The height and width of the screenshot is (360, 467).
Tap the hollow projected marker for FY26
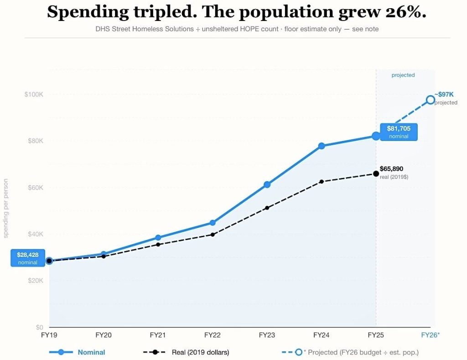pyautogui.click(x=430, y=99)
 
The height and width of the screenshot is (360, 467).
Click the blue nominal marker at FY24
pyautogui.click(x=322, y=146)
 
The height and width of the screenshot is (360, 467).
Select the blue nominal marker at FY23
pyautogui.click(x=267, y=184)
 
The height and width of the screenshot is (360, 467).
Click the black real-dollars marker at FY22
pyautogui.click(x=213, y=235)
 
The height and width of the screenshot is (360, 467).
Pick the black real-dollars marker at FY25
pyautogui.click(x=376, y=173)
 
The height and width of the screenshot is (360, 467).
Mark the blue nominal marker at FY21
pyautogui.click(x=158, y=238)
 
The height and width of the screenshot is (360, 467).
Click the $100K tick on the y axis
pyautogui.click(x=34, y=94)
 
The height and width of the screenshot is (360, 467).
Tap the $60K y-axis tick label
pyautogui.click(x=35, y=188)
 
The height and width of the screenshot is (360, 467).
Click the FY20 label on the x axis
pyautogui.click(x=104, y=335)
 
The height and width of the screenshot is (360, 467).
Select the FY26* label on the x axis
pyautogui.click(x=430, y=335)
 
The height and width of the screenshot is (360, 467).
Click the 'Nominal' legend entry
pyautogui.click(x=91, y=352)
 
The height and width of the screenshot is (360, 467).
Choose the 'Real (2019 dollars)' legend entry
pyautogui.click(x=200, y=352)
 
